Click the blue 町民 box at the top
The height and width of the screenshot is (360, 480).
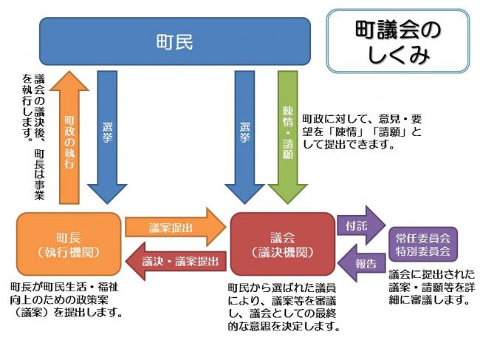174,42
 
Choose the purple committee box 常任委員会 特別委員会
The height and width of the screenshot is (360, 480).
423,245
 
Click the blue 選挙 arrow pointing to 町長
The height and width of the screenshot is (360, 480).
106,137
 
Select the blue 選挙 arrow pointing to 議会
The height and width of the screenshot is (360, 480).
245,137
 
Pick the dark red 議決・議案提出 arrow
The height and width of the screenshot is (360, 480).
173,261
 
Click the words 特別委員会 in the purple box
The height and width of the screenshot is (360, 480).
423,251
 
